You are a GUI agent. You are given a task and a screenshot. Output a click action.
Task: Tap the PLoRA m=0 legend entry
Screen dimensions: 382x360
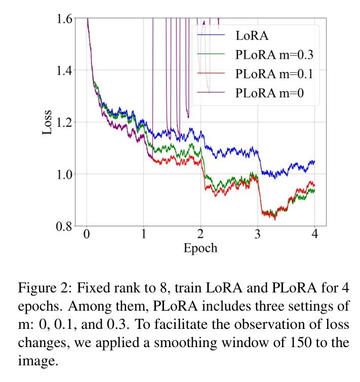pyautogui.click(x=268, y=93)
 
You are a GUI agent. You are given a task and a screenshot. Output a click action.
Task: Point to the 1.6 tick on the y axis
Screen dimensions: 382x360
pyautogui.click(x=65, y=19)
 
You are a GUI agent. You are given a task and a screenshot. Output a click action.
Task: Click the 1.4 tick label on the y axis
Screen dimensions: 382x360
pyautogui.click(x=65, y=70)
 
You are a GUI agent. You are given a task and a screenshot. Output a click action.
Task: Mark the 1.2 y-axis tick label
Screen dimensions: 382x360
pyautogui.click(x=65, y=122)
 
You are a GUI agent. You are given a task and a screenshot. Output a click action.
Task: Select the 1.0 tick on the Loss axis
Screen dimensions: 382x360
pyautogui.click(x=65, y=174)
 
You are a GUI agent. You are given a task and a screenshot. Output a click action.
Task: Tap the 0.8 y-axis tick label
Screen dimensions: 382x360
pyautogui.click(x=65, y=226)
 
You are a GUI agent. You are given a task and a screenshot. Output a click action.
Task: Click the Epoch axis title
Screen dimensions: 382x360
pyautogui.click(x=201, y=248)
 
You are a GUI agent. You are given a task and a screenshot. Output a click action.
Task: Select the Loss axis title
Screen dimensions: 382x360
pyautogui.click(x=47, y=122)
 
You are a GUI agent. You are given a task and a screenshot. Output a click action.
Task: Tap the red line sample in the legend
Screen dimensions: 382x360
pyautogui.click(x=211, y=74)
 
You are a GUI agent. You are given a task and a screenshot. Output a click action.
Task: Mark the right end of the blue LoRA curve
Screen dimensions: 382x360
pyautogui.click(x=314, y=162)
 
